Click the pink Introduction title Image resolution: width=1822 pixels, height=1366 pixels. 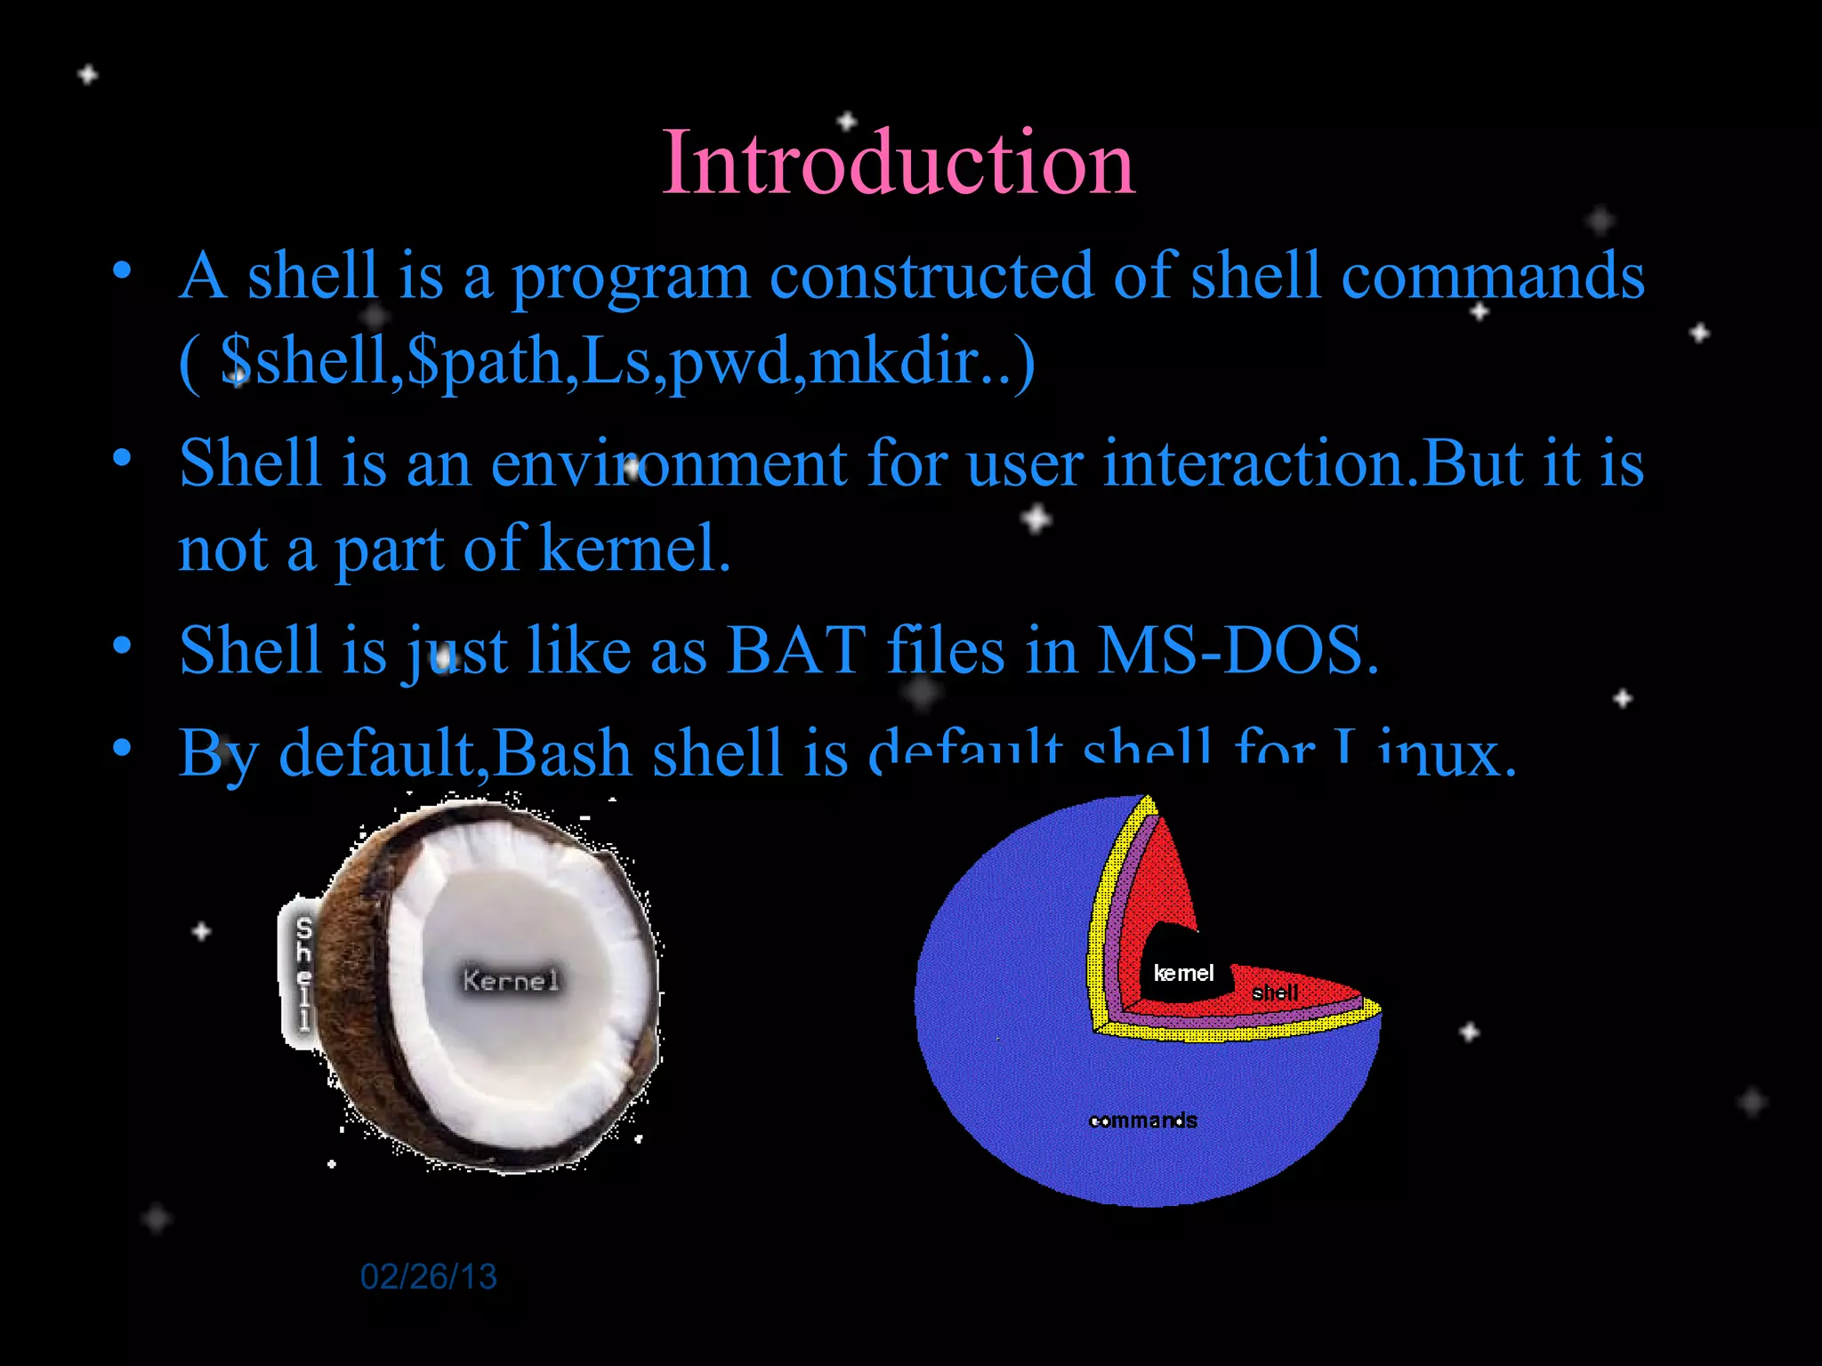[x=899, y=164]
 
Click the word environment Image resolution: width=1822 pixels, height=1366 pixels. [x=668, y=464]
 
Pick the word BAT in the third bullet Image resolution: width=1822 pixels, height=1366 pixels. [x=796, y=651]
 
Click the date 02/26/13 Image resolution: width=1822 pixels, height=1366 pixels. [x=428, y=1277]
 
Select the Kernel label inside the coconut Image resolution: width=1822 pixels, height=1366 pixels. [x=511, y=981]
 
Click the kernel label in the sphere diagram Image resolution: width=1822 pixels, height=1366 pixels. [x=1183, y=974]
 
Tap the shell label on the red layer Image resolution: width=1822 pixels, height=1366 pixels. [x=1274, y=992]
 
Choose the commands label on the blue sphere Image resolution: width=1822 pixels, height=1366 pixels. [x=1143, y=1121]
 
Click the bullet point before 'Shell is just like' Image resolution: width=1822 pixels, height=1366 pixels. [x=123, y=644]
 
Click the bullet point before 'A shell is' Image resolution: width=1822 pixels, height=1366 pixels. [x=123, y=269]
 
